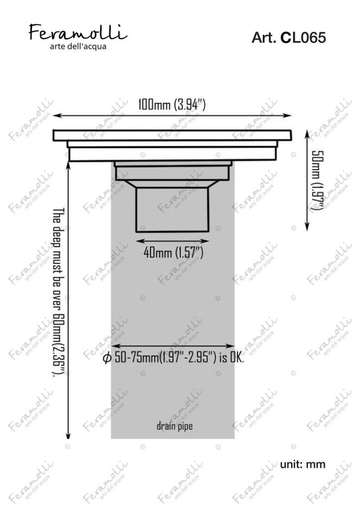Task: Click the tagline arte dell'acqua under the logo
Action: [78, 46]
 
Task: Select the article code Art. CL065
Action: [288, 38]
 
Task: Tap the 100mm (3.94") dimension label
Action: [172, 105]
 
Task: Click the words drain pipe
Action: [174, 426]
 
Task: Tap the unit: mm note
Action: [302, 464]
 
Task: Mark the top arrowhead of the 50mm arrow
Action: [308, 133]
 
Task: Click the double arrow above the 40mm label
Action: [172, 240]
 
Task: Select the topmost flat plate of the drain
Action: [172, 135]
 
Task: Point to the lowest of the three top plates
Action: [172, 154]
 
